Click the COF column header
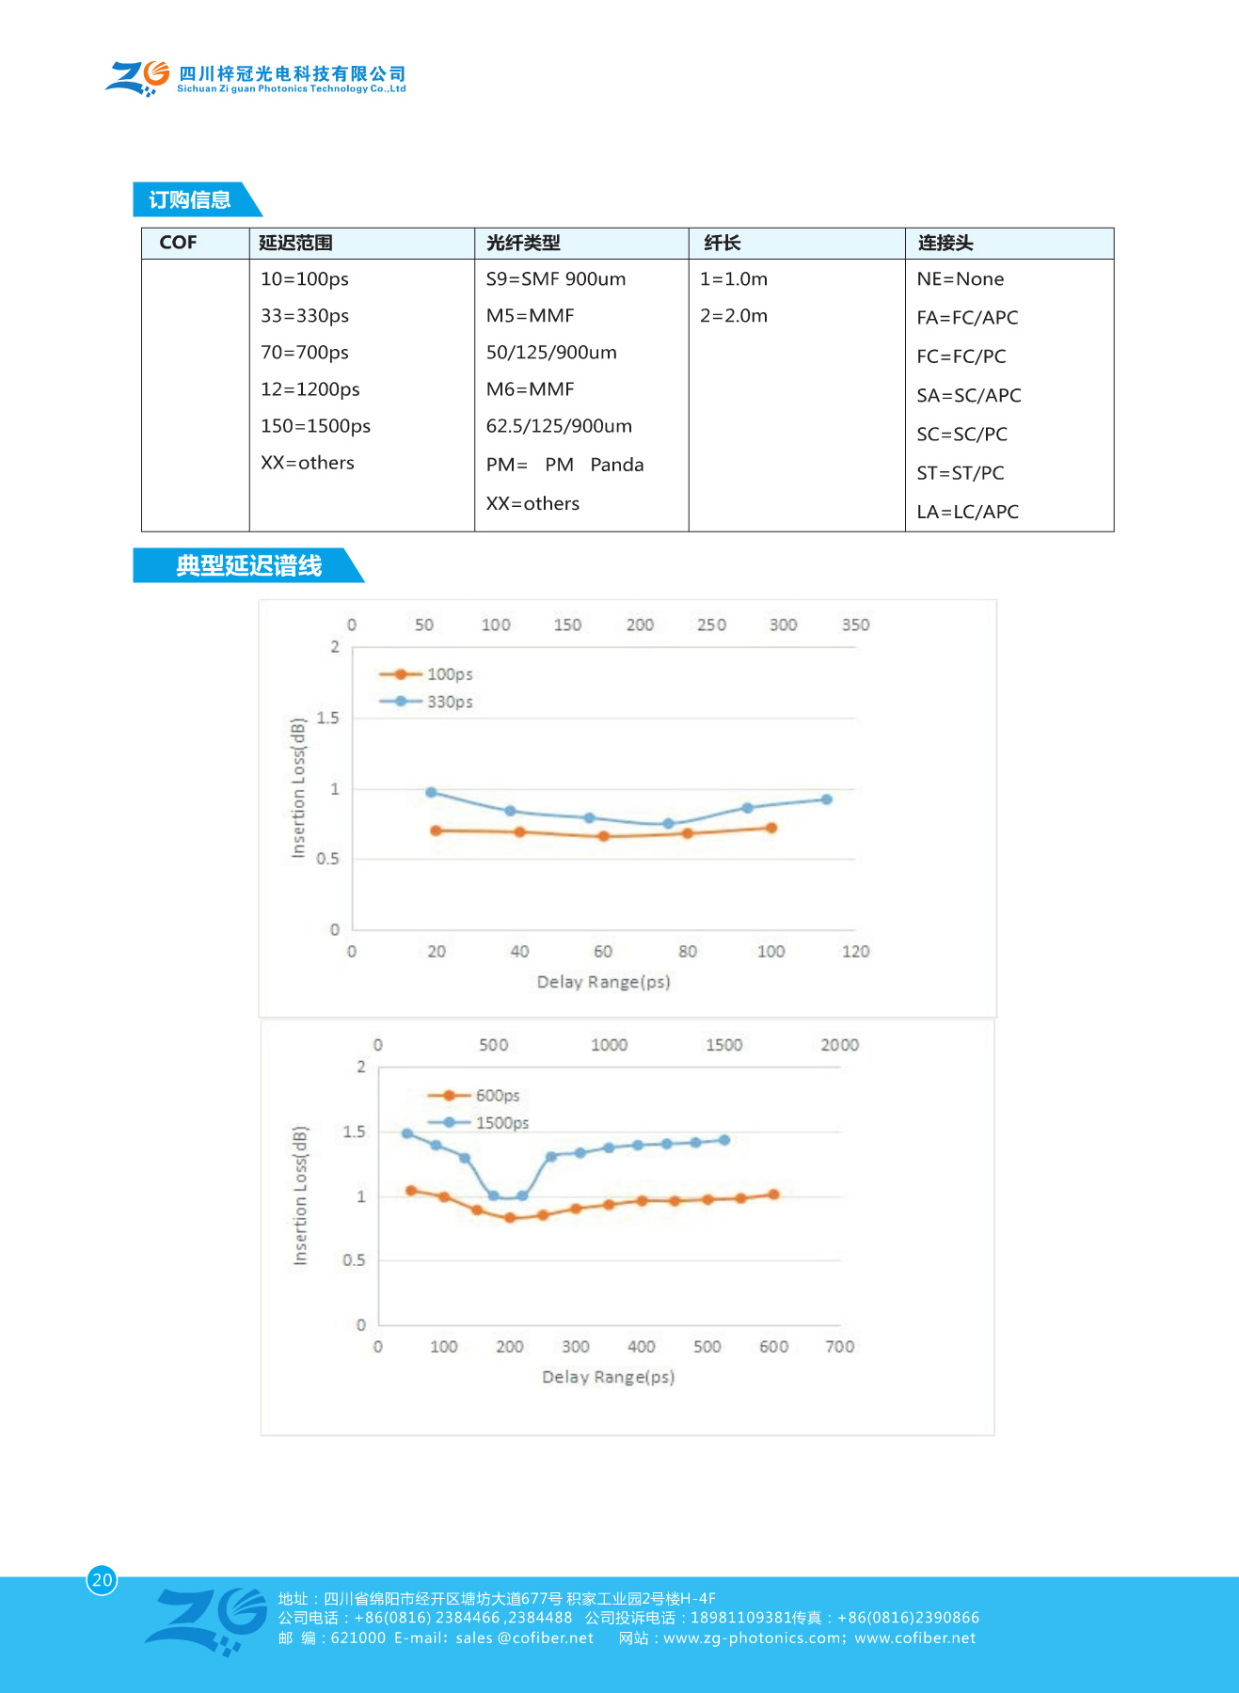pos(178,243)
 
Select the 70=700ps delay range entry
pos(305,353)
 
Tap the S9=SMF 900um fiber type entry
pos(555,279)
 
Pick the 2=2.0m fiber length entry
pos(733,316)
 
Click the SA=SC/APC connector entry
pos(968,396)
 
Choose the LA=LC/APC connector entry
pos(967,513)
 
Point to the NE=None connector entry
pos(960,279)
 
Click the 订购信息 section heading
pos(190,199)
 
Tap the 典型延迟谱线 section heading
pos(248,565)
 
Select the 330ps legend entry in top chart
pos(449,702)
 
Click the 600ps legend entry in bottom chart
pos(496,1096)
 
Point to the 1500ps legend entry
pos(500,1123)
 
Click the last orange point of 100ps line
pos(771,828)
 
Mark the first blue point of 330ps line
pos(431,792)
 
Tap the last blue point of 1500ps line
pos(724,1140)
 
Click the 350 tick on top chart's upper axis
pos(855,625)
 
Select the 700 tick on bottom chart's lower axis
pos(839,1347)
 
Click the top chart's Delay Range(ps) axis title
pos(603,982)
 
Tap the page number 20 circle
pos(102,1580)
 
